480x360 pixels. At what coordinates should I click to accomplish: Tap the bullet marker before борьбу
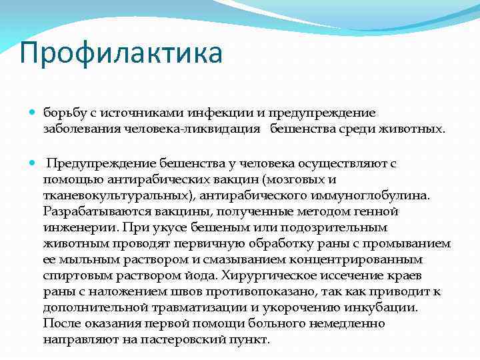pos(33,113)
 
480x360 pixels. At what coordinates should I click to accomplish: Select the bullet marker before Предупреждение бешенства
pos(33,163)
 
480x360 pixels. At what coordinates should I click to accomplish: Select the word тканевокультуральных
pos(105,196)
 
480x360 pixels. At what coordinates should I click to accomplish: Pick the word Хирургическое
pos(250,276)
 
